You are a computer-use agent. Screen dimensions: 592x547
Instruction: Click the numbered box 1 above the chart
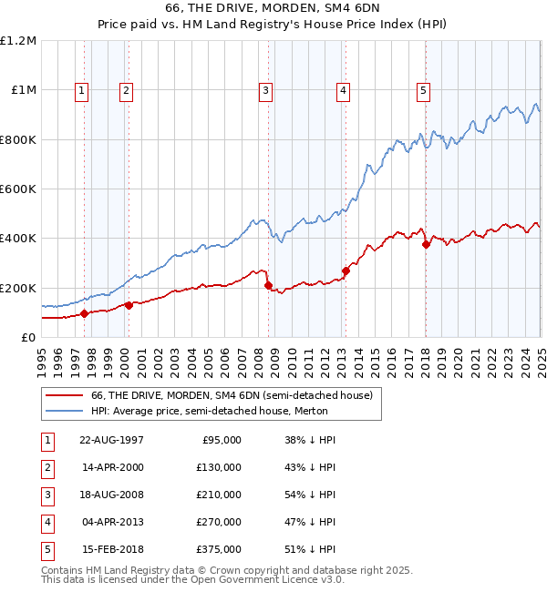tap(82, 90)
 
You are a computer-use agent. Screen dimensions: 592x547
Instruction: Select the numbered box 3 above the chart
tap(264, 90)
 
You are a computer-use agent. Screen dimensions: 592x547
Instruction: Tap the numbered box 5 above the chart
tap(424, 90)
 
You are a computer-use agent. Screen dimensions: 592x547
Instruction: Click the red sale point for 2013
tap(346, 270)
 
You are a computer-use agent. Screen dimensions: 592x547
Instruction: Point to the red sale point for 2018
tap(426, 244)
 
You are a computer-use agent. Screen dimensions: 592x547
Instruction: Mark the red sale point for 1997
tap(85, 313)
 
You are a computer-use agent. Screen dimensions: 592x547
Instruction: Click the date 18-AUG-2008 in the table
tap(111, 494)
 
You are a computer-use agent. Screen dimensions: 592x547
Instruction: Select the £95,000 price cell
tap(220, 439)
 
